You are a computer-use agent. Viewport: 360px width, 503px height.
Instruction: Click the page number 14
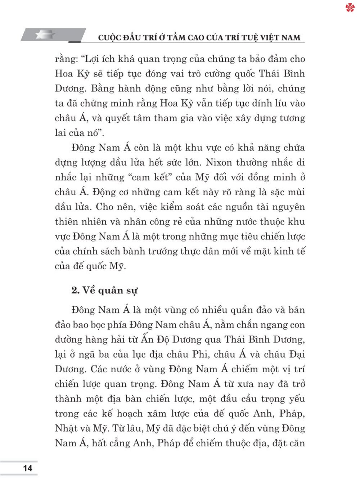point(27,468)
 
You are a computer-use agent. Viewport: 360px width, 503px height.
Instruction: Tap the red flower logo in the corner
point(350,8)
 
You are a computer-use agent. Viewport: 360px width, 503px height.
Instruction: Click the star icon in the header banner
point(45,35)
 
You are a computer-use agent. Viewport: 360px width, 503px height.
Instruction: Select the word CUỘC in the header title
point(110,37)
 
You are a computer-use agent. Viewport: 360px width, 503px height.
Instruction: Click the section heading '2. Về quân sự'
point(104,290)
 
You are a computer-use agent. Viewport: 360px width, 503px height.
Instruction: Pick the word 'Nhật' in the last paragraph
point(66,428)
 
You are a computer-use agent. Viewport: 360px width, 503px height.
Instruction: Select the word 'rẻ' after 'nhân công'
point(177,222)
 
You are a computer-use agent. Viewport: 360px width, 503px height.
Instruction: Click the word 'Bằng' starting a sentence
point(103,89)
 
